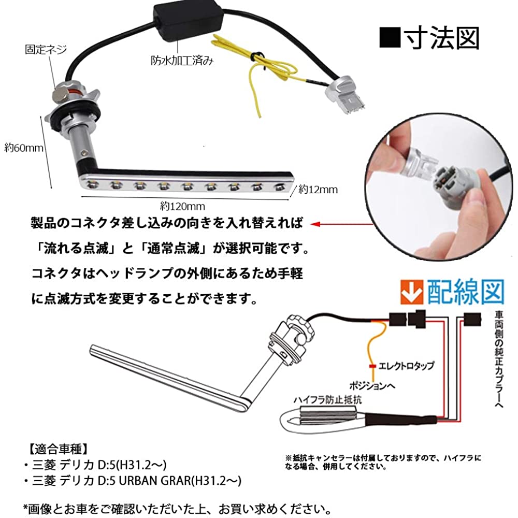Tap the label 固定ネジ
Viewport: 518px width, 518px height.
click(x=46, y=50)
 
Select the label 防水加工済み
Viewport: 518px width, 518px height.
click(x=182, y=61)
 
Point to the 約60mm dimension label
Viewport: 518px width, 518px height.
click(x=24, y=148)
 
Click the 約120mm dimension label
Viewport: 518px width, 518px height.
click(x=183, y=207)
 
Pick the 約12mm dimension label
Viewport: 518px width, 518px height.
click(x=318, y=189)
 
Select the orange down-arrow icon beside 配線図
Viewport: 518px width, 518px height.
click(x=412, y=292)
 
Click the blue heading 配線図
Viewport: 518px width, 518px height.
click(x=466, y=292)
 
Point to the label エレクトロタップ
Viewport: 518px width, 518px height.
click(x=406, y=366)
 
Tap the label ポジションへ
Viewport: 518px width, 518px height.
click(x=372, y=385)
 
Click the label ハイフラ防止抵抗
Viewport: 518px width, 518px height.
click(x=328, y=400)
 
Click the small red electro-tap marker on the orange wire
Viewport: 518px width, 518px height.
click(x=372, y=366)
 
